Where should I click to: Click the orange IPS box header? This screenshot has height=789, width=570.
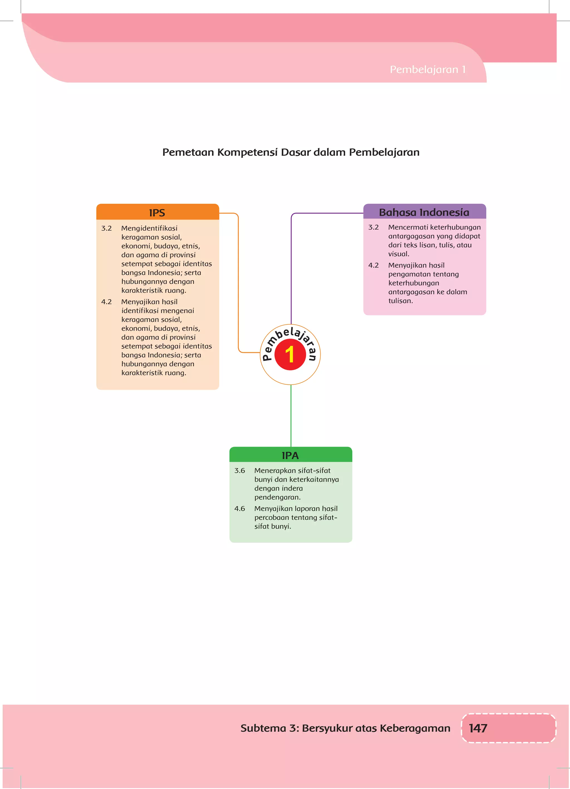[157, 212]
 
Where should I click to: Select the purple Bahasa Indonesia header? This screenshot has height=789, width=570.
[424, 212]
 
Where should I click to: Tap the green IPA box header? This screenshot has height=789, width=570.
[290, 455]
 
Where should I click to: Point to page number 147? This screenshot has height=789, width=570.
[478, 728]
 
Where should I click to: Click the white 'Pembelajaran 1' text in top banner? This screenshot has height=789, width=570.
[427, 70]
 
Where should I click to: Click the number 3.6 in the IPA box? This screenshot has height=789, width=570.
[239, 471]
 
